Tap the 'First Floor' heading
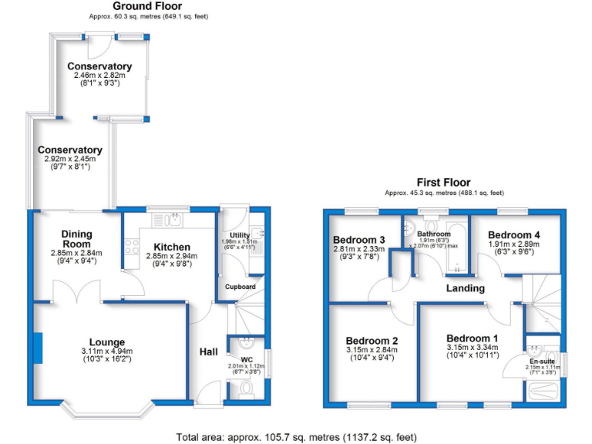pos(444,183)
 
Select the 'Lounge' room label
pos(107,342)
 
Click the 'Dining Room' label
pos(76,239)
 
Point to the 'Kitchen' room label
pos(166,247)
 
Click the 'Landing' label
pos(466,288)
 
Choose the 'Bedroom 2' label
pos(372,341)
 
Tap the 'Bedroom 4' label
pos(513,234)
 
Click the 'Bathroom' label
pos(433,233)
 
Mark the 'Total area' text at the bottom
pos(297,436)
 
